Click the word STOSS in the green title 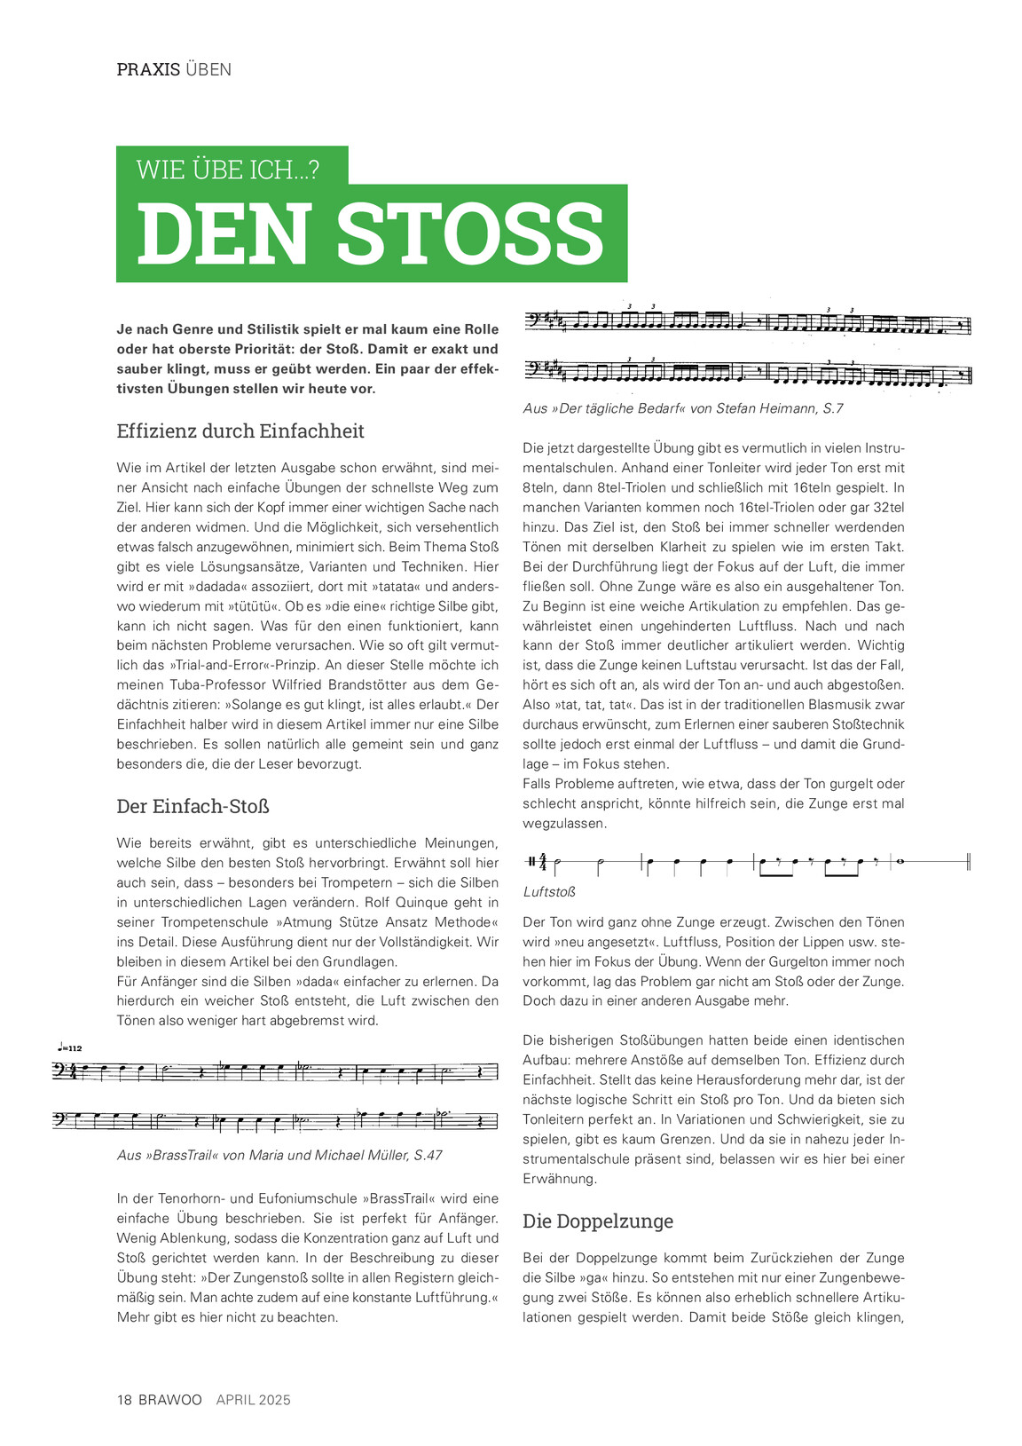click(470, 234)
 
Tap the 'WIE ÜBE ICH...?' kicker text click(228, 170)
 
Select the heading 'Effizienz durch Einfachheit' click(240, 431)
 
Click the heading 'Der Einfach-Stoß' click(193, 807)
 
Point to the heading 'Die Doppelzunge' click(598, 1221)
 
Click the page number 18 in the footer click(124, 1400)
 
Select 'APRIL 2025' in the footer click(254, 1400)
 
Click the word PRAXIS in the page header click(148, 69)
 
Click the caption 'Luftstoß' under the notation click(549, 892)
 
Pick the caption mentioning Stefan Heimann click(683, 408)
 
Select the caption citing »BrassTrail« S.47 click(279, 1155)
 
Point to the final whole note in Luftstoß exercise click(900, 861)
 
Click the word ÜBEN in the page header click(208, 69)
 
